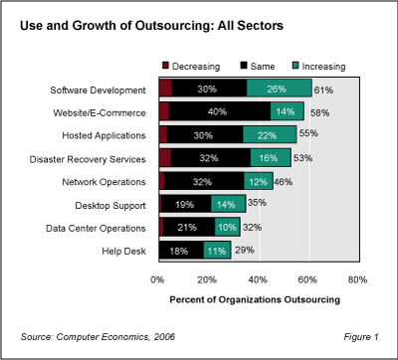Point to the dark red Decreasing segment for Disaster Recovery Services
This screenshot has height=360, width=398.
[164, 158]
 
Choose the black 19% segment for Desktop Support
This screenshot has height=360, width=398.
[186, 204]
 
